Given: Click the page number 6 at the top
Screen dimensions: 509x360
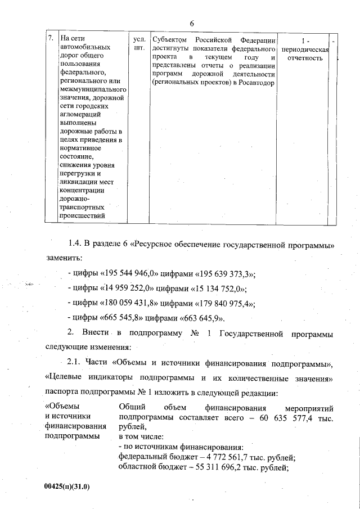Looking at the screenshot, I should [x=191, y=23].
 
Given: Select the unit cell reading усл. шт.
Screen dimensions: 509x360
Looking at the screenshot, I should [x=138, y=44].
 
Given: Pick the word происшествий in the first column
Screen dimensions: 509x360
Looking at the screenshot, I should [x=84, y=215].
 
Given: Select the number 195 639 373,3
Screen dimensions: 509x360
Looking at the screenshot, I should [x=224, y=274].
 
